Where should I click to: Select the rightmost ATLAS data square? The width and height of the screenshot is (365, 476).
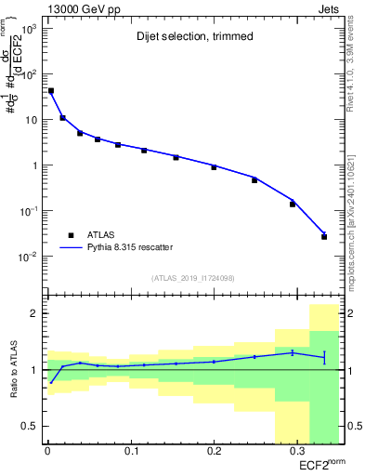point(324,236)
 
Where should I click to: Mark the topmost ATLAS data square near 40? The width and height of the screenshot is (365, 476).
point(50,91)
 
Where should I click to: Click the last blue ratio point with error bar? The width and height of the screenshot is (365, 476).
point(324,357)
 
